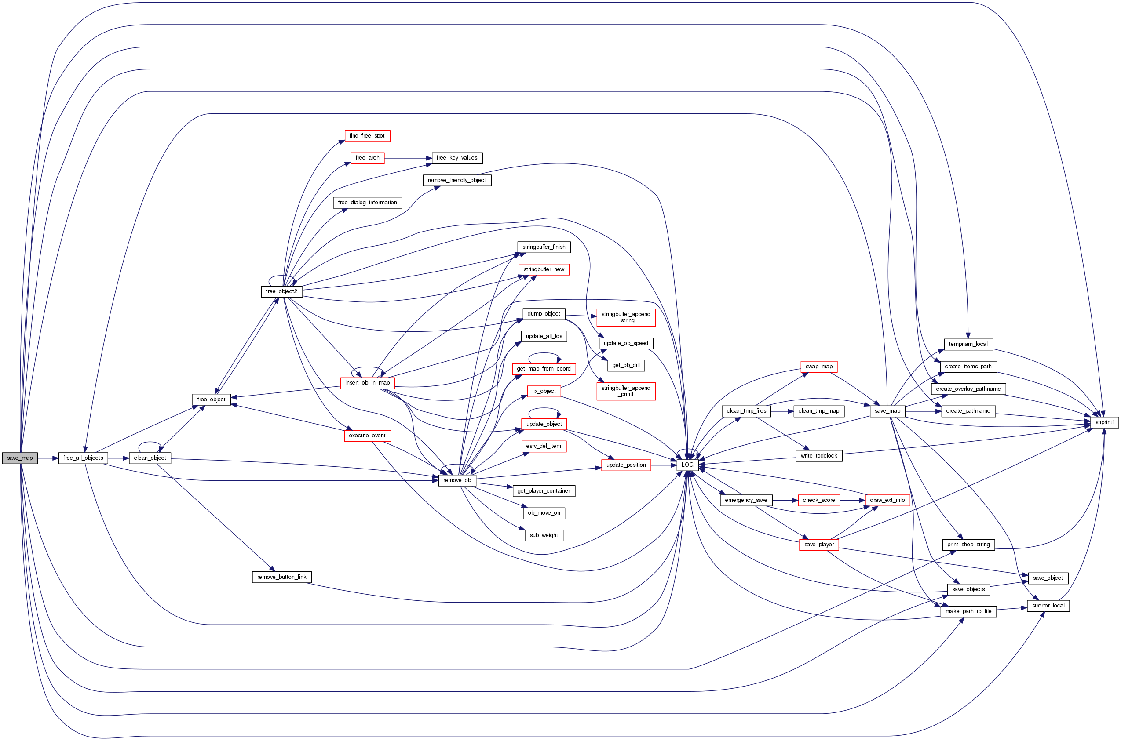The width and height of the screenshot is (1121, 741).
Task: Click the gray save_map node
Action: [x=20, y=458]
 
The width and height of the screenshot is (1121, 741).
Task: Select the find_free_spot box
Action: [x=367, y=136]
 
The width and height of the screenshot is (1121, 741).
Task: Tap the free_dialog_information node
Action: [x=367, y=203]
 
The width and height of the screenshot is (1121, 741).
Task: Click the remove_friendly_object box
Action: [x=457, y=180]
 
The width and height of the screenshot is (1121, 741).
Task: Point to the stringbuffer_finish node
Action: [x=544, y=247]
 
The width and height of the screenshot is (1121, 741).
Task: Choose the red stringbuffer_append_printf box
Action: [x=625, y=391]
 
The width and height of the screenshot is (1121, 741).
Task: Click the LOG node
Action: [x=687, y=465]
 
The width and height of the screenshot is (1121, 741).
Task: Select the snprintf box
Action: [x=1104, y=422]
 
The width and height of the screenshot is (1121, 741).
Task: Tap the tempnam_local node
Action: [x=968, y=344]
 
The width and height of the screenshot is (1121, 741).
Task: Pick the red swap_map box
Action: [x=819, y=367]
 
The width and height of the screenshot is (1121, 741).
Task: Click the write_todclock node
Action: [x=818, y=456]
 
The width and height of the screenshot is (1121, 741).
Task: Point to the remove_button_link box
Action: [x=282, y=577]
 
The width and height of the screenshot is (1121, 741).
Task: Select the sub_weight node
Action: [x=544, y=535]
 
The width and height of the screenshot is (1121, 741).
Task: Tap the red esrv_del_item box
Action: [x=543, y=446]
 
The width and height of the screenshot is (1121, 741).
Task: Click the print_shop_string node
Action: [x=968, y=545]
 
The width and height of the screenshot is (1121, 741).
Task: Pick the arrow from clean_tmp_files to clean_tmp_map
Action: [x=782, y=411]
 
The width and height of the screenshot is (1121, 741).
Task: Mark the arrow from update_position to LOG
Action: [x=664, y=465]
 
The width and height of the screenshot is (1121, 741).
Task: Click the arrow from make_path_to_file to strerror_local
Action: [x=1012, y=609]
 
